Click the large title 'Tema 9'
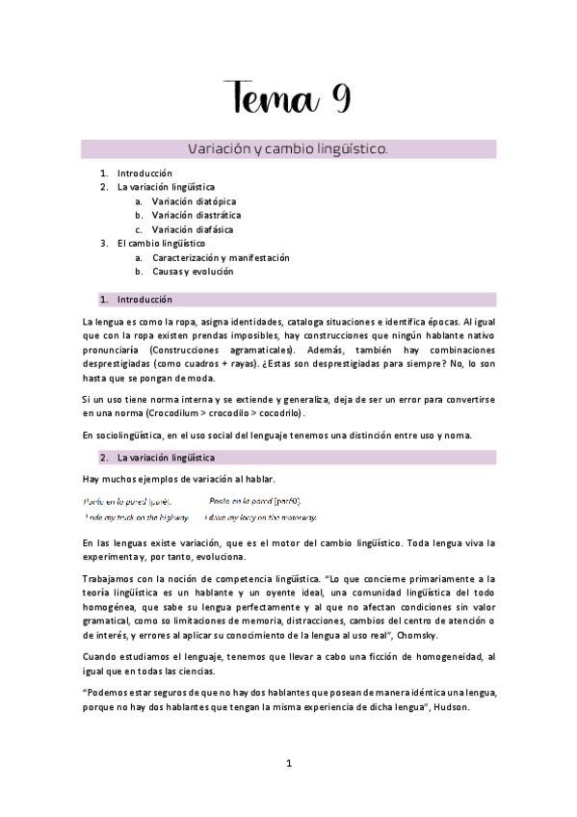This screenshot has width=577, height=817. coord(289,98)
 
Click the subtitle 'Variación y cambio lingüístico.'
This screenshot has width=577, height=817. coord(289,149)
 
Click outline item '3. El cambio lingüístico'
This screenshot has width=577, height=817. coord(154,244)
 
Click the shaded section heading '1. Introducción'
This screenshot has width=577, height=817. coord(144,300)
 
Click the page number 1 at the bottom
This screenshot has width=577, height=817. coord(288,765)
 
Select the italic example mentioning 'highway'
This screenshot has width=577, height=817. coord(136,517)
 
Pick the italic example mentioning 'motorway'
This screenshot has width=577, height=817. coord(261,517)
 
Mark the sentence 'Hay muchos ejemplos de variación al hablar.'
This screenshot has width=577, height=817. coord(180,480)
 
